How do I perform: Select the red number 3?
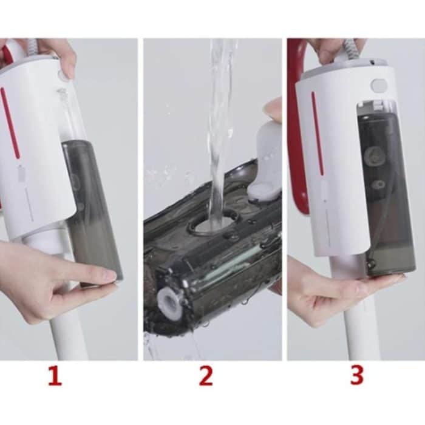tap(356, 376)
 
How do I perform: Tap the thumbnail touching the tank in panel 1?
tap(107, 276)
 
